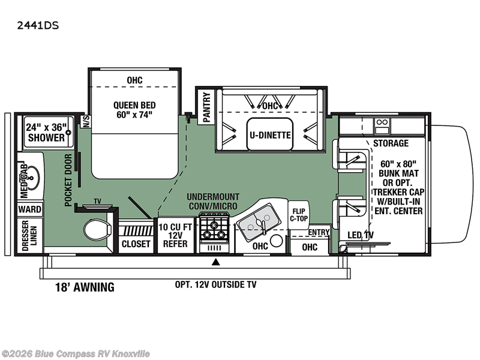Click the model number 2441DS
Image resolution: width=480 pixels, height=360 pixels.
(x=38, y=25)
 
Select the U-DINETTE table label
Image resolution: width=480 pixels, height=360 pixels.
(x=270, y=135)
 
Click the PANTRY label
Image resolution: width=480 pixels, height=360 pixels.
(x=206, y=107)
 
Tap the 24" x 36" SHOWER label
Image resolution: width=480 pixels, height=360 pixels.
(x=46, y=132)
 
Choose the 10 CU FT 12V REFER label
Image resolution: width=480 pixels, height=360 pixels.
(x=175, y=235)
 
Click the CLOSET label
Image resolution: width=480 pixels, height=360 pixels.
(x=136, y=244)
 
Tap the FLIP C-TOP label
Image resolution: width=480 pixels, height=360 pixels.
(x=298, y=215)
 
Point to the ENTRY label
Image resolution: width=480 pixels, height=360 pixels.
(x=319, y=232)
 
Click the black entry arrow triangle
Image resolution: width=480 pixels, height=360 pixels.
(x=216, y=262)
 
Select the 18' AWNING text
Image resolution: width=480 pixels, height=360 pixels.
(x=85, y=287)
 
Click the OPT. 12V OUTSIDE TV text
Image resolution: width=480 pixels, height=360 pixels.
(x=215, y=284)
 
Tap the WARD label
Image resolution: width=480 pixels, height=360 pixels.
(x=29, y=209)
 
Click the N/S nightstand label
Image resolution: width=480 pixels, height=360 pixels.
(x=86, y=121)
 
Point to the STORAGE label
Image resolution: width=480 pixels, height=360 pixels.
(x=391, y=143)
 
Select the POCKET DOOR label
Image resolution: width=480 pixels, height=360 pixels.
(x=68, y=179)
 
